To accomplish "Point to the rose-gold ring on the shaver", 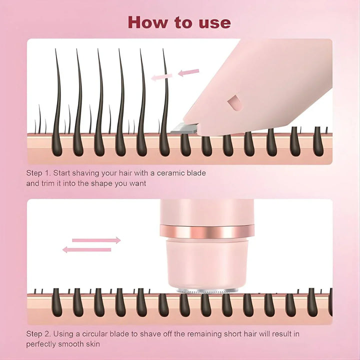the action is coord(207,231).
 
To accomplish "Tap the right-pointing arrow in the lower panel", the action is coord(96,240).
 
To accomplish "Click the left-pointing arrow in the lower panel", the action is coord(87,249).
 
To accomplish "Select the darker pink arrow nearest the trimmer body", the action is coord(188,72).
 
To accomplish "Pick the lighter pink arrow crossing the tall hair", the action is coord(161,77).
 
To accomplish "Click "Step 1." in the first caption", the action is coord(38,173).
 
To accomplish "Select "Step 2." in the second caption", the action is coord(38,334).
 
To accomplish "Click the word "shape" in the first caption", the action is coord(101,184).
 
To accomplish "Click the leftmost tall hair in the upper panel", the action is coord(57,103).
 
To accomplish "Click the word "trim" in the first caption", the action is coord(48,183).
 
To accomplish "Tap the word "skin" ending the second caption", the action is coord(93,344).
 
